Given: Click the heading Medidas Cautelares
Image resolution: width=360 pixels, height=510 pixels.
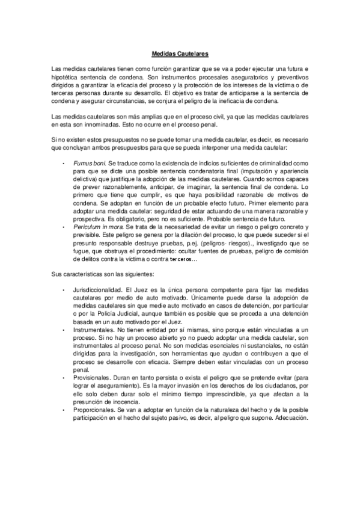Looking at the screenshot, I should click(x=180, y=52).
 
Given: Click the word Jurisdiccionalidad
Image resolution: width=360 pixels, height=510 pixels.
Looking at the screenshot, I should click(x=98, y=290).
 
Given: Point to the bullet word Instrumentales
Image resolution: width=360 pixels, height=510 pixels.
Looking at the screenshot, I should click(x=93, y=331).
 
